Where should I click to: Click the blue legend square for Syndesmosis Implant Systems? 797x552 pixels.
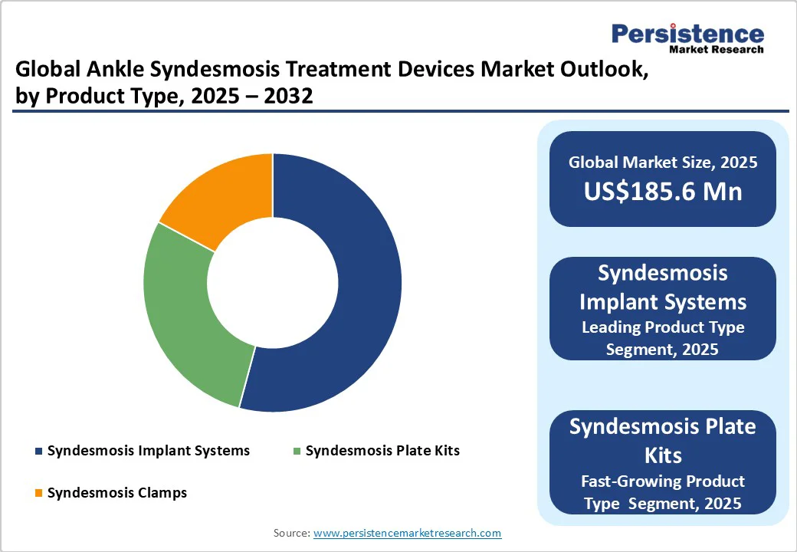(38, 451)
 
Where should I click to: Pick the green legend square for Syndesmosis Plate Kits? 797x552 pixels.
(297, 451)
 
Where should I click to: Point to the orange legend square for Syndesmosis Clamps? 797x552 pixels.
(38, 493)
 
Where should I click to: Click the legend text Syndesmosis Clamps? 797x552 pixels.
(116, 493)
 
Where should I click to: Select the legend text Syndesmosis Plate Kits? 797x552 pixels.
(382, 451)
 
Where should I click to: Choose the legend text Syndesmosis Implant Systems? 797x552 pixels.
(148, 451)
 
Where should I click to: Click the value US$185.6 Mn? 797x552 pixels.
(663, 191)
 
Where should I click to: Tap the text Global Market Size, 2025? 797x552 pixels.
(663, 163)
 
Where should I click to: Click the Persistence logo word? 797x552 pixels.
(687, 34)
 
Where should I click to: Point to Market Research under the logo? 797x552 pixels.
(716, 50)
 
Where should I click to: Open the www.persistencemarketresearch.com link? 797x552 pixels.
(407, 533)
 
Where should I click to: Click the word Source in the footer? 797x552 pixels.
(291, 533)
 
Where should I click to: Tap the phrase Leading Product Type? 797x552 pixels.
(663, 327)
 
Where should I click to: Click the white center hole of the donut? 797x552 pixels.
(273, 281)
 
